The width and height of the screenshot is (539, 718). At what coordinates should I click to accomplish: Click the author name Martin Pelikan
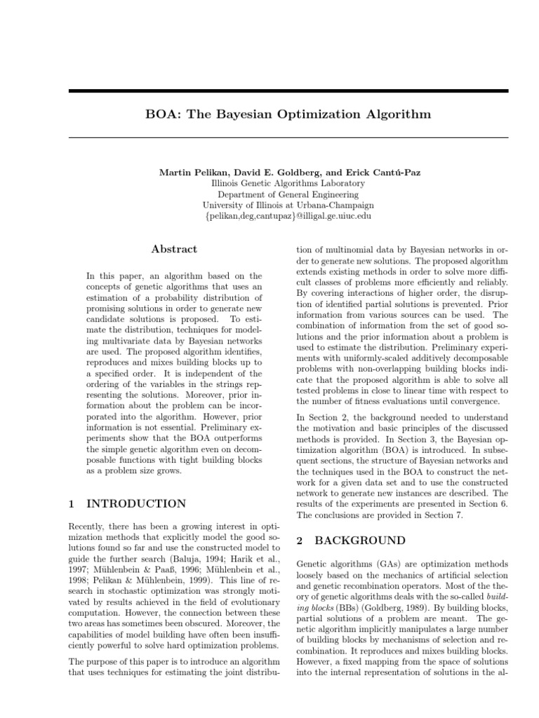193,172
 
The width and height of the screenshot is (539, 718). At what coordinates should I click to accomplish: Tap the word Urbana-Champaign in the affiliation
333,205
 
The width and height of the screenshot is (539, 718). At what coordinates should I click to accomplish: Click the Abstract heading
175,249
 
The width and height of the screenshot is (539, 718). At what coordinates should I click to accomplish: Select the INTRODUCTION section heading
136,503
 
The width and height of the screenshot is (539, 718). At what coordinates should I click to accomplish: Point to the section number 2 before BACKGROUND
300,541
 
